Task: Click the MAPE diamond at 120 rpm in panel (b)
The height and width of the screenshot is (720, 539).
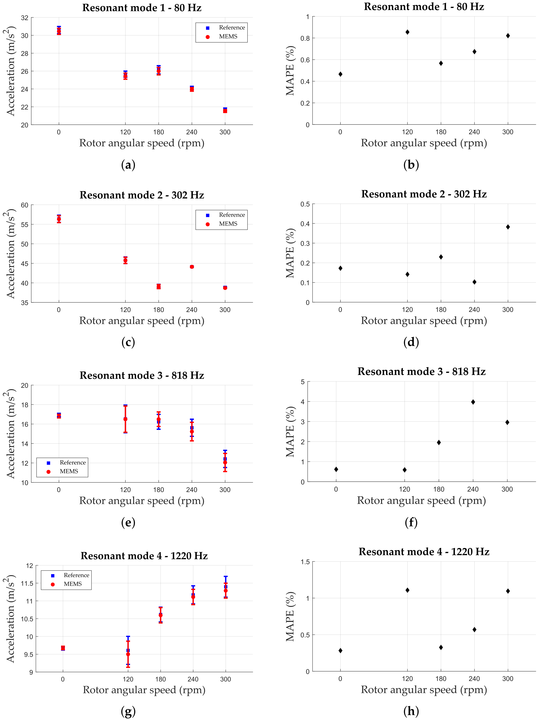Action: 407,32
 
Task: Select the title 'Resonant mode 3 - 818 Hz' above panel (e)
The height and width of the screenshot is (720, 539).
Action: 142,375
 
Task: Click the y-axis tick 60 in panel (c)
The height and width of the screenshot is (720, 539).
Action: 25,205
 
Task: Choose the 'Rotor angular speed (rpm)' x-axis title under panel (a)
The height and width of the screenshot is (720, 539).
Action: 142,143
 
